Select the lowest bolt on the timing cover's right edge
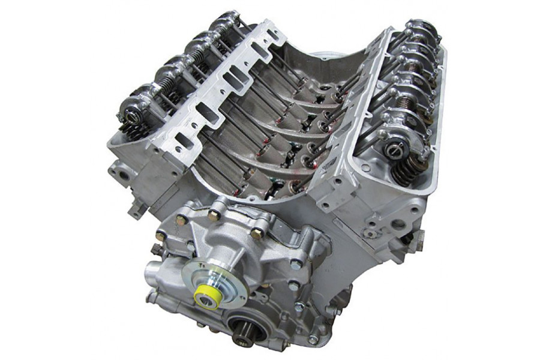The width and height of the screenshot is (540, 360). [x=311, y=339]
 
